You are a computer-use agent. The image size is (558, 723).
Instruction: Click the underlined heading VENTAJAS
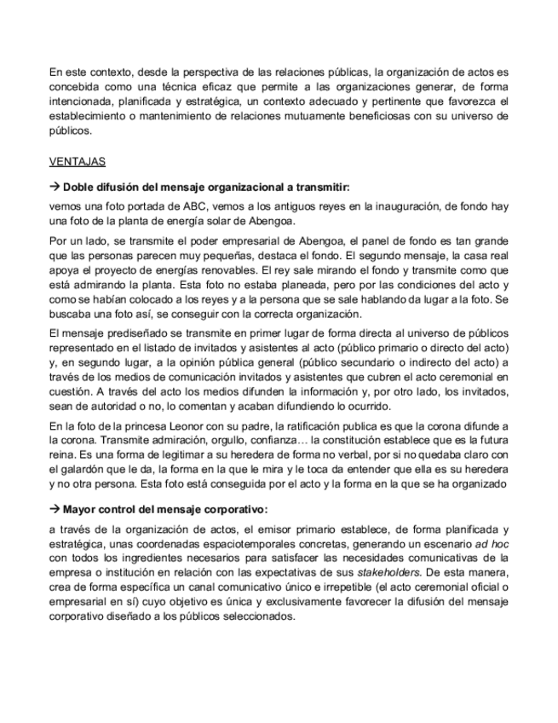pyautogui.click(x=78, y=161)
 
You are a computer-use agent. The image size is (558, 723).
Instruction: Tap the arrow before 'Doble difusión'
pyautogui.click(x=55, y=186)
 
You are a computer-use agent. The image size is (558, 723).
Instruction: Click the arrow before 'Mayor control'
pyautogui.click(x=55, y=510)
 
